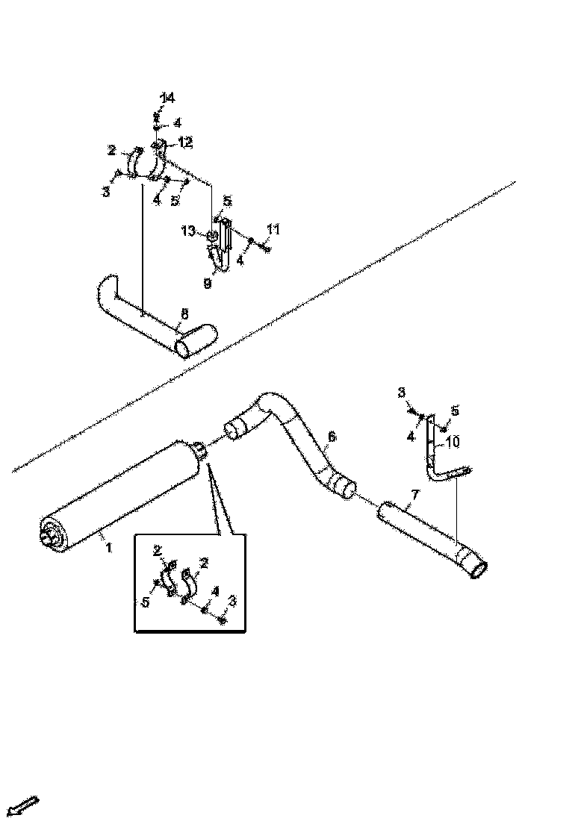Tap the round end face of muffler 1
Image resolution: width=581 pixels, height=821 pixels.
click(53, 534)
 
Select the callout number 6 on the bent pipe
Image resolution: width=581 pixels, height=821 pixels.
click(332, 437)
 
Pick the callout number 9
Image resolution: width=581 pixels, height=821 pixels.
click(208, 284)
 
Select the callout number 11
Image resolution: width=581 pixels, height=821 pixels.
click(274, 230)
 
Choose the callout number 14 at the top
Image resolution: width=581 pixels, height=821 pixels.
click(167, 98)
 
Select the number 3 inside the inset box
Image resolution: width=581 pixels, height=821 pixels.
click(232, 601)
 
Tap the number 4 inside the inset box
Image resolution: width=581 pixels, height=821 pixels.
click(214, 592)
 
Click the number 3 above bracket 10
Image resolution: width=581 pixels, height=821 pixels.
click(401, 393)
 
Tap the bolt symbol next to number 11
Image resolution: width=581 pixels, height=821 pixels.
click(267, 248)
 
